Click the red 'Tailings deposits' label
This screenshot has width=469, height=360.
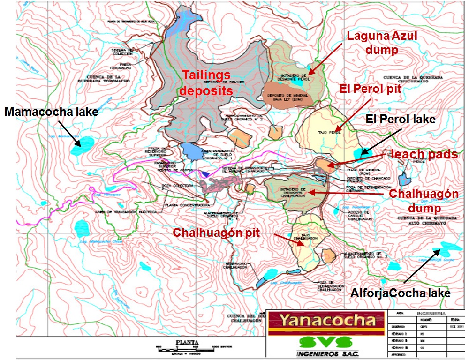pyautogui.click(x=207, y=82)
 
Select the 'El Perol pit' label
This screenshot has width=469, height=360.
pyautogui.click(x=371, y=89)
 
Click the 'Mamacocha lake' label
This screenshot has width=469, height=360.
pyautogui.click(x=52, y=112)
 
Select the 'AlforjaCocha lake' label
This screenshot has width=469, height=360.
pyautogui.click(x=401, y=293)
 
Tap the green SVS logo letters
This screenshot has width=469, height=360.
pyautogui.click(x=326, y=341)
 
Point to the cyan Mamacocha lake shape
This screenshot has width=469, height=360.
pyautogui.click(x=82, y=146)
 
